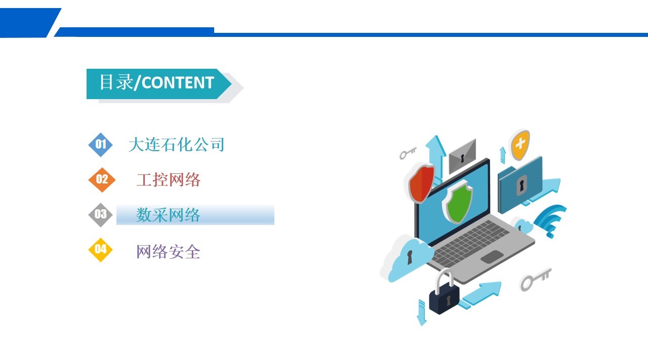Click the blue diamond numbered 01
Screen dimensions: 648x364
(100, 145)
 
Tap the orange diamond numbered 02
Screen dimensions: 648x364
(102, 179)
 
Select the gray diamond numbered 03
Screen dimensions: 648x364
(100, 215)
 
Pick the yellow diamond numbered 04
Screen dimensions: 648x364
(100, 250)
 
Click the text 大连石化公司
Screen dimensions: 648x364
(176, 145)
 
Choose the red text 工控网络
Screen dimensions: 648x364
(169, 179)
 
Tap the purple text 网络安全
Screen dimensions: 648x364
(168, 251)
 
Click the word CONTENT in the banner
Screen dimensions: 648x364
(178, 83)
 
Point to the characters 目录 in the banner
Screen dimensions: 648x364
(116, 82)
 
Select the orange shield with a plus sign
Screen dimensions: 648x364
(520, 145)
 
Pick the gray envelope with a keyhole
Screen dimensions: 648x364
(462, 156)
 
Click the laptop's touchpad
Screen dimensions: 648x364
(492, 256)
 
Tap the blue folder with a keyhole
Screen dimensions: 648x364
(520, 185)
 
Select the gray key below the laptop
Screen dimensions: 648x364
(536, 280)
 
